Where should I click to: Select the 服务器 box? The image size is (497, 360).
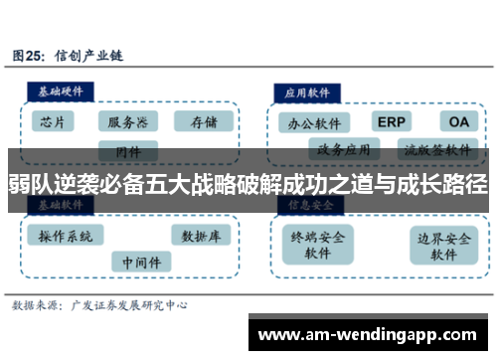(128, 122)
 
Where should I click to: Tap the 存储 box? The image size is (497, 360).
(203, 122)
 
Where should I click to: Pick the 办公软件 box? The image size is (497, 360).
(313, 123)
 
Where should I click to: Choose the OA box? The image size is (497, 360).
(457, 121)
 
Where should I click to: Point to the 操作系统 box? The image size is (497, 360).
(66, 236)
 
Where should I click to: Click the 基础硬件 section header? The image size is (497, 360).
(60, 90)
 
